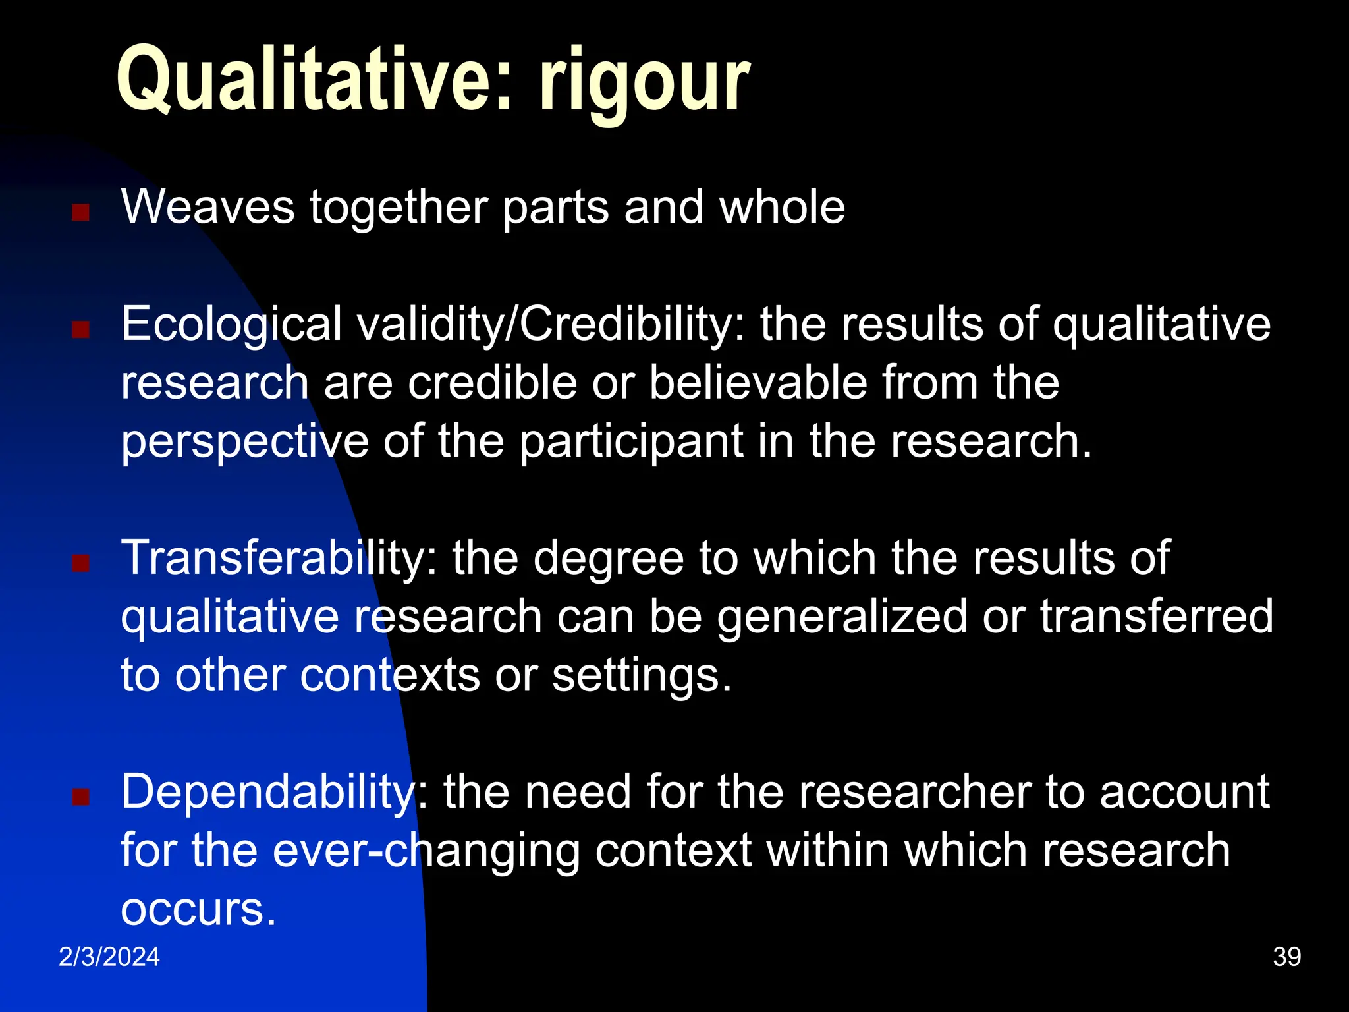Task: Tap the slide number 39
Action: [x=1286, y=957]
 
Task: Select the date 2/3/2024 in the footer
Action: [x=109, y=957]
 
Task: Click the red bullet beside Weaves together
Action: [x=80, y=212]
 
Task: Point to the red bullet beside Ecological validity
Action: [x=80, y=329]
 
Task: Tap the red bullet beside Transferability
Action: [x=80, y=563]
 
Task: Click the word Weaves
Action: [x=207, y=208]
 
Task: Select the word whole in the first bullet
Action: [x=782, y=208]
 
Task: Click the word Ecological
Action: [x=231, y=325]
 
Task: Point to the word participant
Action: [x=631, y=442]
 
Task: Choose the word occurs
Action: [x=198, y=909]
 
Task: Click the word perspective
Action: [x=244, y=442]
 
